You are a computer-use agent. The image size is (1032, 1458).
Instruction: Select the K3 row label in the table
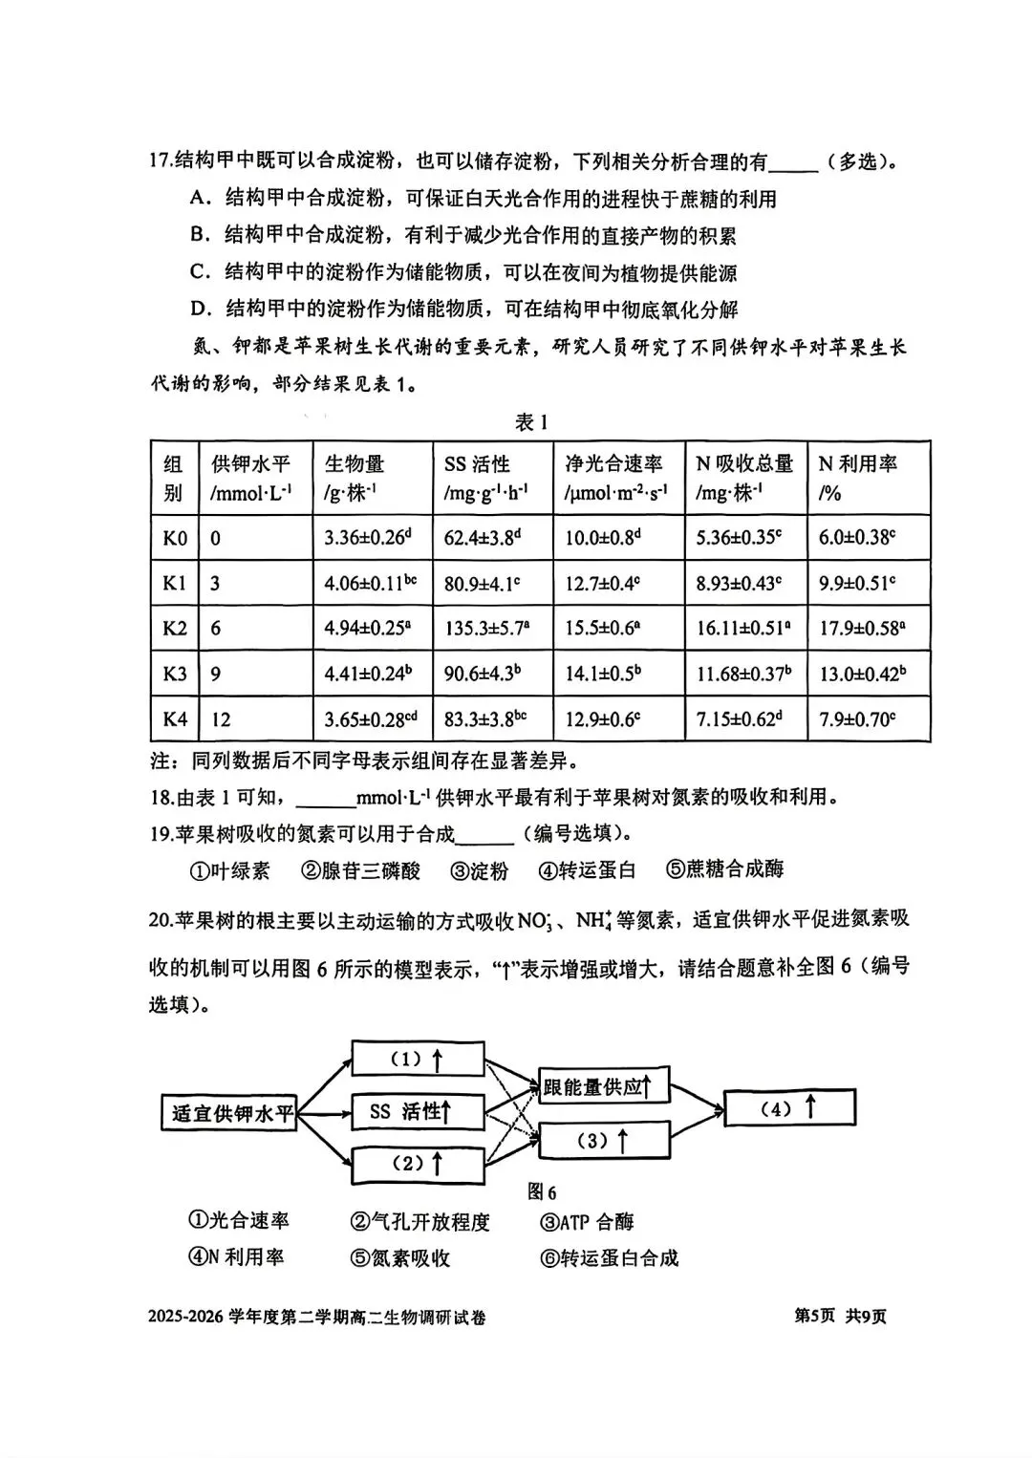point(175,675)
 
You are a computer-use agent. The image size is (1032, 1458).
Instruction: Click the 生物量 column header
point(355,464)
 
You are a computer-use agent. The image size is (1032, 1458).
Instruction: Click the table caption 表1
point(531,422)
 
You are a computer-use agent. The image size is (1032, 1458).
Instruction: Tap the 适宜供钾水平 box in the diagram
point(228,1113)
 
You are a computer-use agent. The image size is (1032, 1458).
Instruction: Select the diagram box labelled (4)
point(788,1108)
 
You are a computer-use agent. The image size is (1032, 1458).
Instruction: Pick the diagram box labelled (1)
point(416,1059)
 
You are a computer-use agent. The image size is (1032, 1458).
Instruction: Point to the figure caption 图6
point(541,1192)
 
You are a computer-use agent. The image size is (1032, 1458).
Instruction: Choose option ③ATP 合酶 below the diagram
point(587,1222)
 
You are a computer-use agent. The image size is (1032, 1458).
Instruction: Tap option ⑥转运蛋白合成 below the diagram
point(609,1258)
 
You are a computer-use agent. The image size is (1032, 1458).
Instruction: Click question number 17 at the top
point(160,161)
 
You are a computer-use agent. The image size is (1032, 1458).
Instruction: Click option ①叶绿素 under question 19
point(229,870)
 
